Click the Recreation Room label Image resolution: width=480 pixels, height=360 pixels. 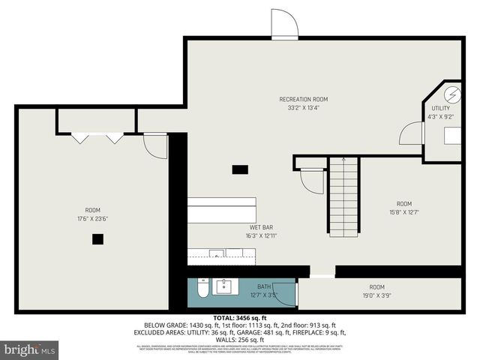click(303, 99)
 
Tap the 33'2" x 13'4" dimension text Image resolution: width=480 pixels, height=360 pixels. click(303, 107)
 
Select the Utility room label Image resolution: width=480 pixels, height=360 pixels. click(440, 108)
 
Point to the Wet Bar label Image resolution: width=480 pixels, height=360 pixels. click(261, 227)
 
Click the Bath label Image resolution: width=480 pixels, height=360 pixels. click(264, 286)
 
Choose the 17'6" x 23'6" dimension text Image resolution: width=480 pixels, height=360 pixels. click(93, 219)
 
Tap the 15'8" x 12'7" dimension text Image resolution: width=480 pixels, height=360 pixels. click(403, 212)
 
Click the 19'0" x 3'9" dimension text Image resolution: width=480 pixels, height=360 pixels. click(376, 295)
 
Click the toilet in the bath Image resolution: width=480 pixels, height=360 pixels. click(202, 289)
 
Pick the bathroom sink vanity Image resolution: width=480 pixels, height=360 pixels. click(224, 286)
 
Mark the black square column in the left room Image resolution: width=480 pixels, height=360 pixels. click(97, 239)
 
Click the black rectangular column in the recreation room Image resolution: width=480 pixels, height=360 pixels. click(240, 169)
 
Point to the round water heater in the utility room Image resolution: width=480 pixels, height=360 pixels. click(452, 95)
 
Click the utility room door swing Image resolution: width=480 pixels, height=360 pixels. click(412, 133)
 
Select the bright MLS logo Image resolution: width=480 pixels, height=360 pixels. click(30, 349)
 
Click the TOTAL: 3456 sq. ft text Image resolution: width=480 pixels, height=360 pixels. click(240, 318)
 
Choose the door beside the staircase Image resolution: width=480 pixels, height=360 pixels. click(310, 181)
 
